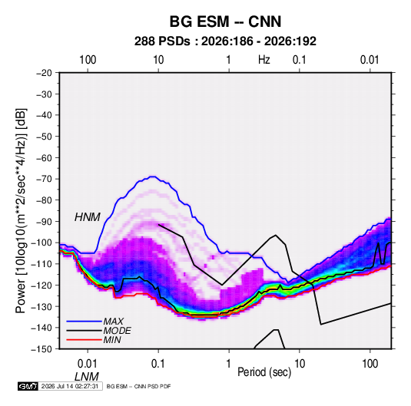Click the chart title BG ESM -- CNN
(225, 21)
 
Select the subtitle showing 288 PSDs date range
(225, 41)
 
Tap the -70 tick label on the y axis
(44, 179)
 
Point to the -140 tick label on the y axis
(42, 328)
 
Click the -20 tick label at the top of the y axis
(44, 73)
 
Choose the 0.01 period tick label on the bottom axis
(88, 364)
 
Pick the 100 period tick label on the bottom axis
(370, 364)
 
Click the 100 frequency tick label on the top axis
(88, 60)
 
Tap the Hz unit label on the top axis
(264, 60)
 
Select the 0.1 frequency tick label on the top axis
(300, 60)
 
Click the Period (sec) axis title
(264, 372)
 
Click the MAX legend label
(113, 322)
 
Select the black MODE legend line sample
(84, 331)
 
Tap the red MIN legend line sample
(84, 340)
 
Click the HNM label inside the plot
(88, 217)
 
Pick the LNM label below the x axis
(87, 377)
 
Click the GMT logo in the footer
(28, 386)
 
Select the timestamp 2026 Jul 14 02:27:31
(70, 386)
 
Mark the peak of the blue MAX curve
(153, 177)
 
